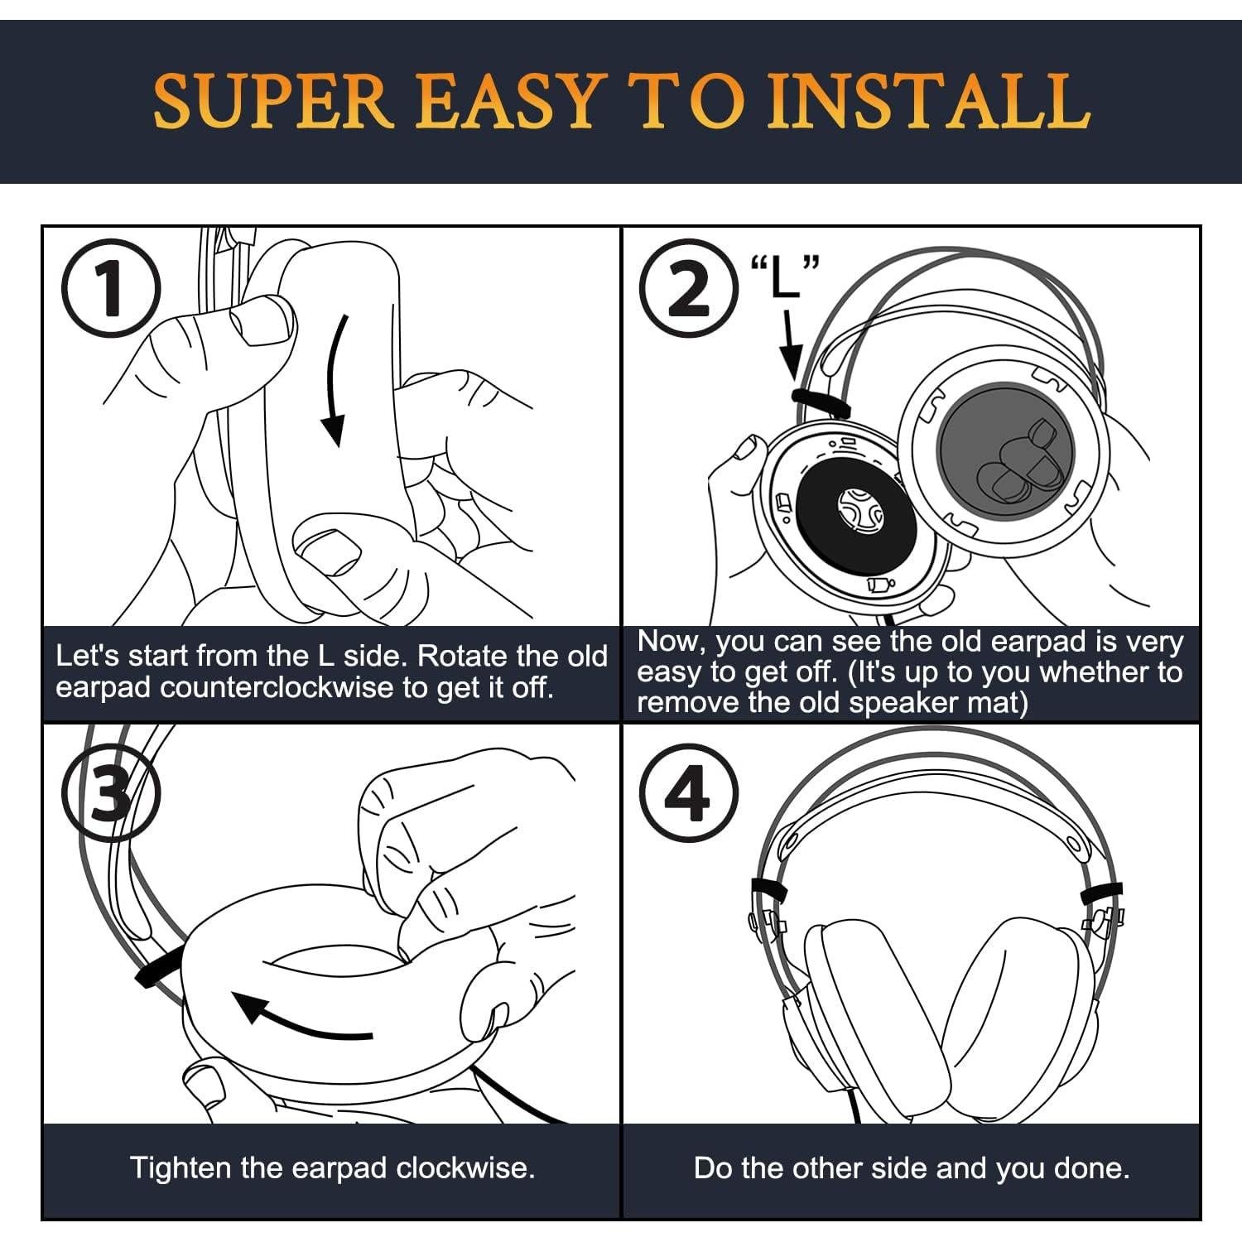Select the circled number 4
[689, 794]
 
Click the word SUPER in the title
[273, 101]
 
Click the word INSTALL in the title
[927, 101]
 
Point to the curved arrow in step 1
[337, 381]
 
